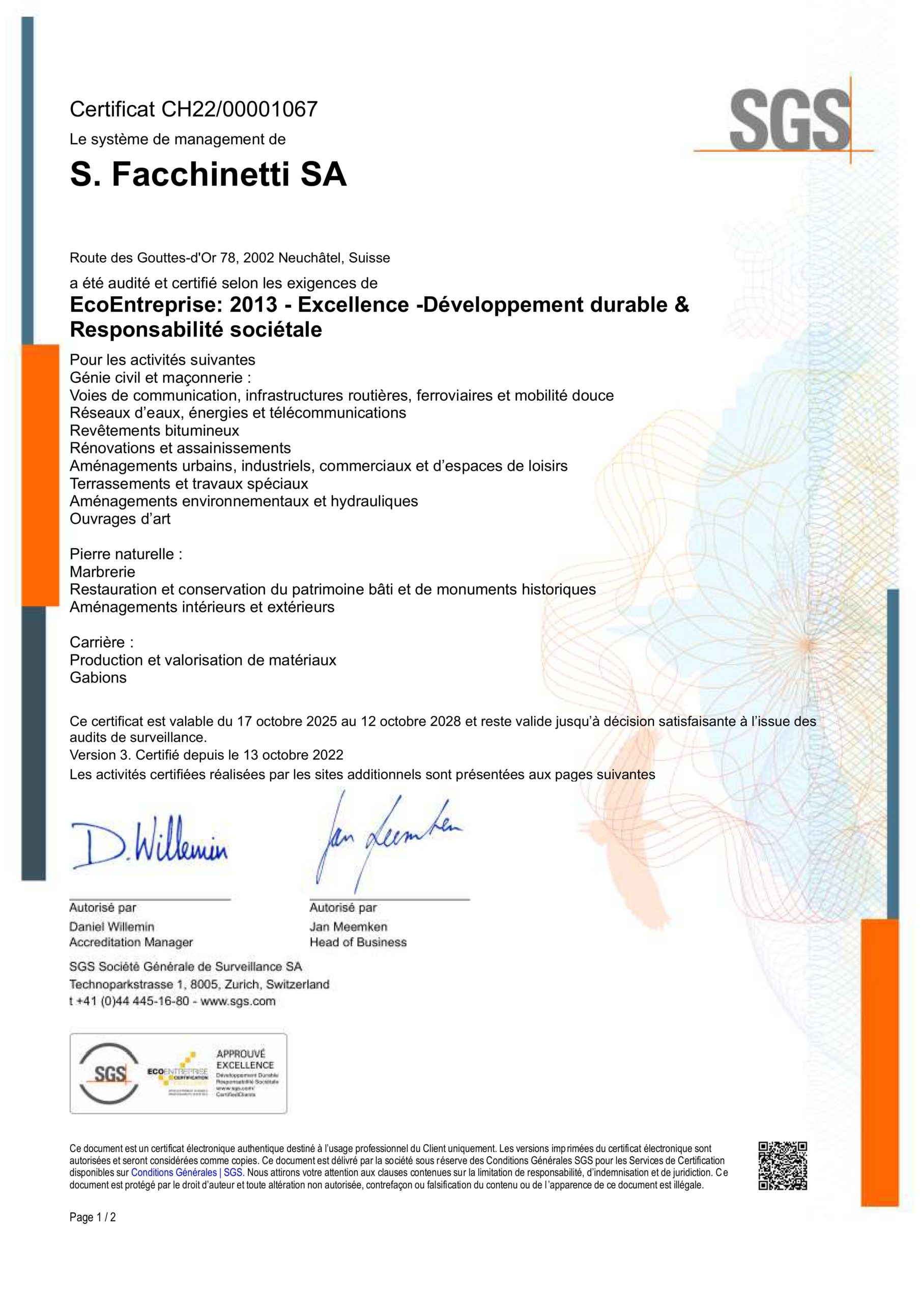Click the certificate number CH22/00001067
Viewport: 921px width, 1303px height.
pyautogui.click(x=240, y=109)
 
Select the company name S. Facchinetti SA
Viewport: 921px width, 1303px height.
pyautogui.click(x=208, y=175)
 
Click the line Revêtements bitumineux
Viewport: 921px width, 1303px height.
pyautogui.click(x=154, y=430)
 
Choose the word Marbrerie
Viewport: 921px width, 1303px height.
pyautogui.click(x=102, y=572)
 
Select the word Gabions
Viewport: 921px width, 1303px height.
pyautogui.click(x=98, y=677)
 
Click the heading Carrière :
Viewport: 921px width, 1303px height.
pyautogui.click(x=102, y=642)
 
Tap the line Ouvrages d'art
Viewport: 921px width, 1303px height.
pyautogui.click(x=120, y=519)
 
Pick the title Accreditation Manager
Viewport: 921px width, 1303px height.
pyautogui.click(x=131, y=942)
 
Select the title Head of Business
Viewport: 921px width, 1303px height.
pyautogui.click(x=358, y=942)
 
